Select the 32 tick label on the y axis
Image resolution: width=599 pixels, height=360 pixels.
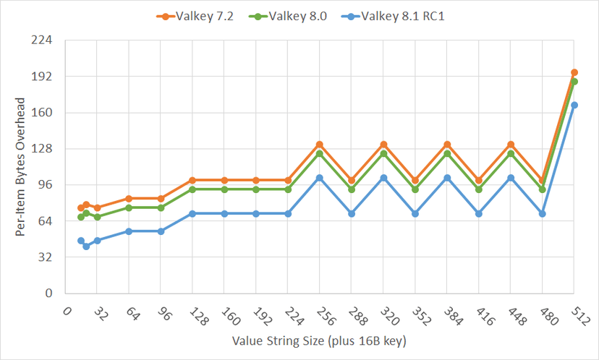pyautogui.click(x=49, y=257)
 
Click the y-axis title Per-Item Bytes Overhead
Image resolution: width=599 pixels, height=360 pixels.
pyautogui.click(x=21, y=167)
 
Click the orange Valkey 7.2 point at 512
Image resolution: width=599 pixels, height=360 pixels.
pyautogui.click(x=574, y=72)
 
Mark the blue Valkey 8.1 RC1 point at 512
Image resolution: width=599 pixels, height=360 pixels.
pyautogui.click(x=574, y=105)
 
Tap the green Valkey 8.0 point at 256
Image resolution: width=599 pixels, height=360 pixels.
pyautogui.click(x=320, y=153)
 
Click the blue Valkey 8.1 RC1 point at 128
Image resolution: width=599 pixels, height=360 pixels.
pyautogui.click(x=192, y=214)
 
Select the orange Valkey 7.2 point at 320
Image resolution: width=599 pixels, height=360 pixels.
pyautogui.click(x=383, y=145)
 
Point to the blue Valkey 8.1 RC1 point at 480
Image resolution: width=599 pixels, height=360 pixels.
pyautogui.click(x=543, y=214)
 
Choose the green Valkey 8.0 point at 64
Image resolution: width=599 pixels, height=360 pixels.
pyautogui.click(x=129, y=207)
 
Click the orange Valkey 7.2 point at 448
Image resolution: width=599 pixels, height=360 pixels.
pyautogui.click(x=511, y=145)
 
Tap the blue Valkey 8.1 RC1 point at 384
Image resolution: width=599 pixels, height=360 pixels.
pyautogui.click(x=447, y=178)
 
